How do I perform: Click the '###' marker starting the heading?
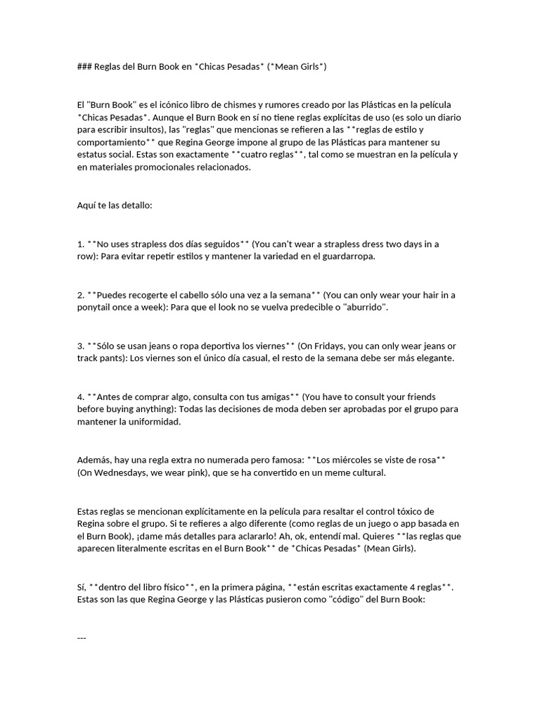(84, 66)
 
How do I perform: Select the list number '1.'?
(81, 244)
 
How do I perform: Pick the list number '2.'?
(81, 294)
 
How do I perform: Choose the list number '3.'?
(81, 346)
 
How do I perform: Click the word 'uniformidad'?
(155, 422)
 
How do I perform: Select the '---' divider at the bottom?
(82, 637)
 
